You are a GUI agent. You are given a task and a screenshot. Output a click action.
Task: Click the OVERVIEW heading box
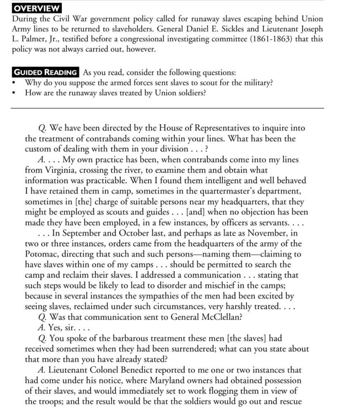click(36, 8)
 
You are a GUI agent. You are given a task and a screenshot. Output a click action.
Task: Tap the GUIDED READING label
click(45, 72)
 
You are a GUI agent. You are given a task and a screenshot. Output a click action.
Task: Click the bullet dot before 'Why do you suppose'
click(15, 83)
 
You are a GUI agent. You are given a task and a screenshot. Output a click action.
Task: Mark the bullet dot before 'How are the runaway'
click(15, 93)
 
